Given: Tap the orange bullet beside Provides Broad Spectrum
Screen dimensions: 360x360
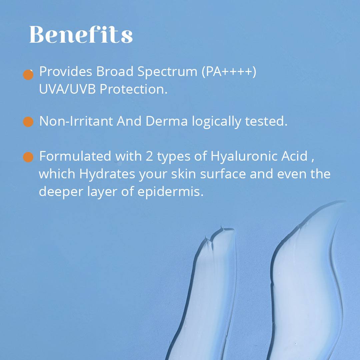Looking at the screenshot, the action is (x=28, y=75).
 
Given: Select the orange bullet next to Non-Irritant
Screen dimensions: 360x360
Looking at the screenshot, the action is (x=28, y=122).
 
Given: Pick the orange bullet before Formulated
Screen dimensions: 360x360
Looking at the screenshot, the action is (x=28, y=157).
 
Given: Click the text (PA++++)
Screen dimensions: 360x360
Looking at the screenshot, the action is (x=229, y=72).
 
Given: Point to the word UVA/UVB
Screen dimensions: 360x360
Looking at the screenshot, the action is (x=67, y=89).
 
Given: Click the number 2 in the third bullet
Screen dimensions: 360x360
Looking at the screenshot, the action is (x=149, y=156).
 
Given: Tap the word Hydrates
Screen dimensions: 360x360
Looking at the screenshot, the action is (x=107, y=174).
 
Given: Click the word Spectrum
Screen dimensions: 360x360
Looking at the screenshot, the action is (x=167, y=72).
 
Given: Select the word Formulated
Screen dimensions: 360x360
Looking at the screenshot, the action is (x=75, y=156).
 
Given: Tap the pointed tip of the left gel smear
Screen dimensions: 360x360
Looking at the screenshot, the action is (x=221, y=226).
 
